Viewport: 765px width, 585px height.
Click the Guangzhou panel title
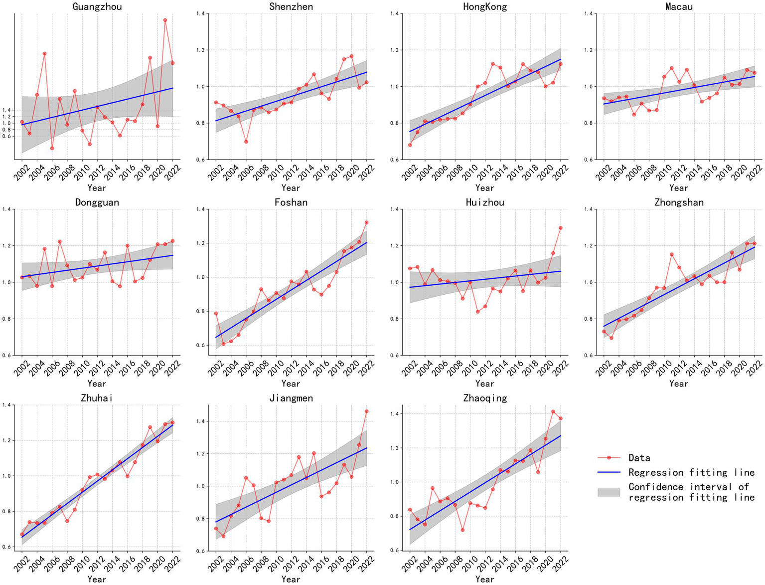[97, 6]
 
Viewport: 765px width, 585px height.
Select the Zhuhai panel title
[97, 398]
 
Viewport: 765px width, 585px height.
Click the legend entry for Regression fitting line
[691, 472]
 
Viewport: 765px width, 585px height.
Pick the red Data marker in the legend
[609, 457]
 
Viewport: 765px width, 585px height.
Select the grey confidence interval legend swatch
[609, 492]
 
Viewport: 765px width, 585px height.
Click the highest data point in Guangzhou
[165, 20]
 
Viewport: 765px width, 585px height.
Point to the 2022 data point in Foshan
[367, 222]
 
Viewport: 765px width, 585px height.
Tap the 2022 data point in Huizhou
[561, 228]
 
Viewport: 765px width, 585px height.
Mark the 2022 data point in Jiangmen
[367, 411]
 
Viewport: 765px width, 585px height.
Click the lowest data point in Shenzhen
[246, 142]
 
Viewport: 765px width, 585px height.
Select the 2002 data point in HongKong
[410, 145]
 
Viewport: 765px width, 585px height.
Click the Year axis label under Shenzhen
[291, 188]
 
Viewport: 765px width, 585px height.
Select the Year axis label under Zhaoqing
[484, 579]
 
